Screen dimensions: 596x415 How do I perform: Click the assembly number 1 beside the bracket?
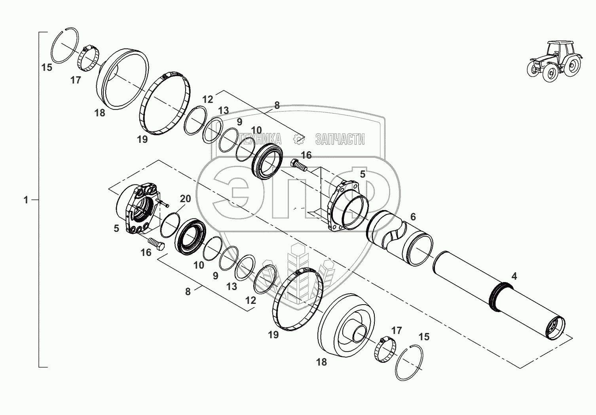[26, 200]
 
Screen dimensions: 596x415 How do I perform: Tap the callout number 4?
[514, 276]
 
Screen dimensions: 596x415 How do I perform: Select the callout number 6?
[413, 217]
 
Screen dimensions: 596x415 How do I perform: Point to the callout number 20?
[186, 199]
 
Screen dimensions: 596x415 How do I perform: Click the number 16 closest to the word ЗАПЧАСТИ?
[306, 155]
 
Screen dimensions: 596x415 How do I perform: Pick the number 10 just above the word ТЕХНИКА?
[256, 130]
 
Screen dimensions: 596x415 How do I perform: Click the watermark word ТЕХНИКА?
[260, 139]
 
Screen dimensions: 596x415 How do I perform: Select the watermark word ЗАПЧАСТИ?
[340, 139]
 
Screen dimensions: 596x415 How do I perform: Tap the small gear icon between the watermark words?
[298, 139]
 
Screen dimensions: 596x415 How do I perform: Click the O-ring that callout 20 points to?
[170, 225]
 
